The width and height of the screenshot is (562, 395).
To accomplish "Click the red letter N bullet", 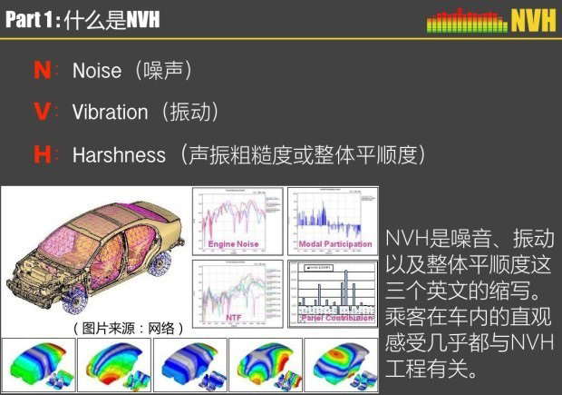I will pyautogui.click(x=42, y=71).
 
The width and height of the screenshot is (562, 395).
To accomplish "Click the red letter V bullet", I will pyautogui.click(x=42, y=113).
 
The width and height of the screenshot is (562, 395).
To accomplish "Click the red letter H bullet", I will pyautogui.click(x=42, y=155).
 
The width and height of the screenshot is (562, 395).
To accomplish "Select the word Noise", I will pyautogui.click(x=97, y=71).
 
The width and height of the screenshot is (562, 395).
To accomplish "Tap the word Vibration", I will pyautogui.click(x=110, y=113).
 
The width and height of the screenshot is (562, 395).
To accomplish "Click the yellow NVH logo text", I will pyautogui.click(x=532, y=20).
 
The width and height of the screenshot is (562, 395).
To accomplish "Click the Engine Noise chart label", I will pyautogui.click(x=234, y=244).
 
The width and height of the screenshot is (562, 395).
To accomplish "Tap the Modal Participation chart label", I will pyautogui.click(x=335, y=244).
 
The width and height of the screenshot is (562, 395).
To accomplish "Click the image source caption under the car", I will pyautogui.click(x=127, y=328).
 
